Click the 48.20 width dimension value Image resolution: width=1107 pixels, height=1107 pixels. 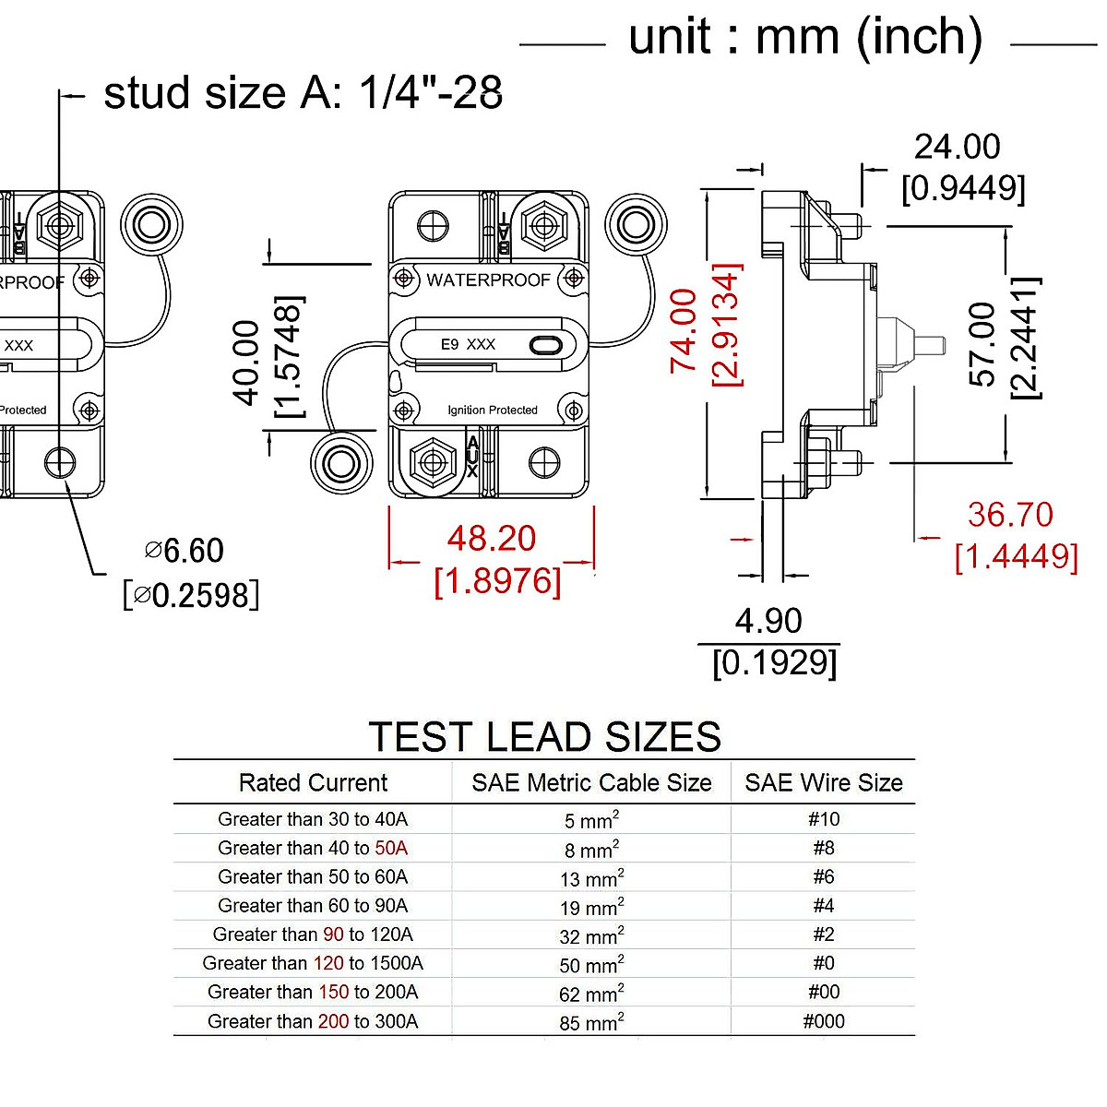point(491,539)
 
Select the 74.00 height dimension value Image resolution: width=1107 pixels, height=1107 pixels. point(684,330)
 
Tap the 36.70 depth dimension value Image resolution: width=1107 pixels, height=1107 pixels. point(1010,515)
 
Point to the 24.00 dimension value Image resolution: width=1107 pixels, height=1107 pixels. point(957,147)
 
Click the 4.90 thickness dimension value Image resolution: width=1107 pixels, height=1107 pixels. point(768,621)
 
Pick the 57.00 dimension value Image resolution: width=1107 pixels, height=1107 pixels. point(982,344)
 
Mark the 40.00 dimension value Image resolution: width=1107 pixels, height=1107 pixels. point(246,363)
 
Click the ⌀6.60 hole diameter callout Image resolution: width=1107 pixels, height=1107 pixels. point(184,551)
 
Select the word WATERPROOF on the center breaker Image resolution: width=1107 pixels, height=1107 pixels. point(488,280)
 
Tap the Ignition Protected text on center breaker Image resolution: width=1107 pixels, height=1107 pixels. point(493,410)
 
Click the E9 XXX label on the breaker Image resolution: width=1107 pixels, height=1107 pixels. point(468,345)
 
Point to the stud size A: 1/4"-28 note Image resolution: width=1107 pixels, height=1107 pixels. point(303,93)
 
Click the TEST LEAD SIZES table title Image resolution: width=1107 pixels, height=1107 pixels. point(544,737)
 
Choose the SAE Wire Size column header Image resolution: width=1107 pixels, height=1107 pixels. point(824,783)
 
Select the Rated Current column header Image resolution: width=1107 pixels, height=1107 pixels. point(313,783)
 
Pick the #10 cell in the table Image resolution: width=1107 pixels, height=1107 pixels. point(824,819)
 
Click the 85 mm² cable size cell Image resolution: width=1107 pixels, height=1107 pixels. point(591,1022)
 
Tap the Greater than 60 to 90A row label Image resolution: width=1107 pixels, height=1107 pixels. point(313,906)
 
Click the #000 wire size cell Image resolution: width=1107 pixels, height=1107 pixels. point(824,1021)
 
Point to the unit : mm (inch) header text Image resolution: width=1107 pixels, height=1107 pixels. point(805,39)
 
